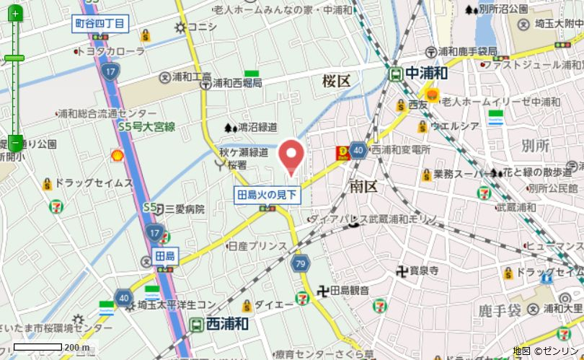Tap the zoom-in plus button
tap(15, 14)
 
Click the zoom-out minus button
tap(15, 142)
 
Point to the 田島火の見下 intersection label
tap(267, 193)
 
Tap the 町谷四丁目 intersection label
tap(100, 24)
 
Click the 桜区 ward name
tap(336, 80)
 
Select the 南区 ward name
tap(363, 186)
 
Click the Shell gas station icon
tap(116, 155)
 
